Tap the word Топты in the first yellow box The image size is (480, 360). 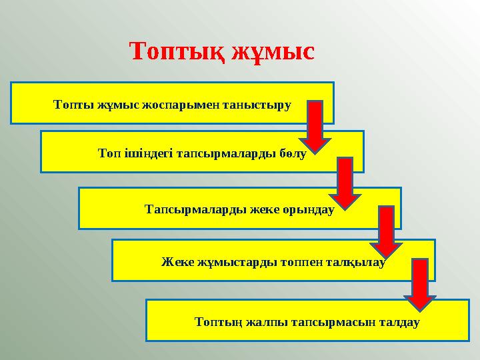click(73, 105)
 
